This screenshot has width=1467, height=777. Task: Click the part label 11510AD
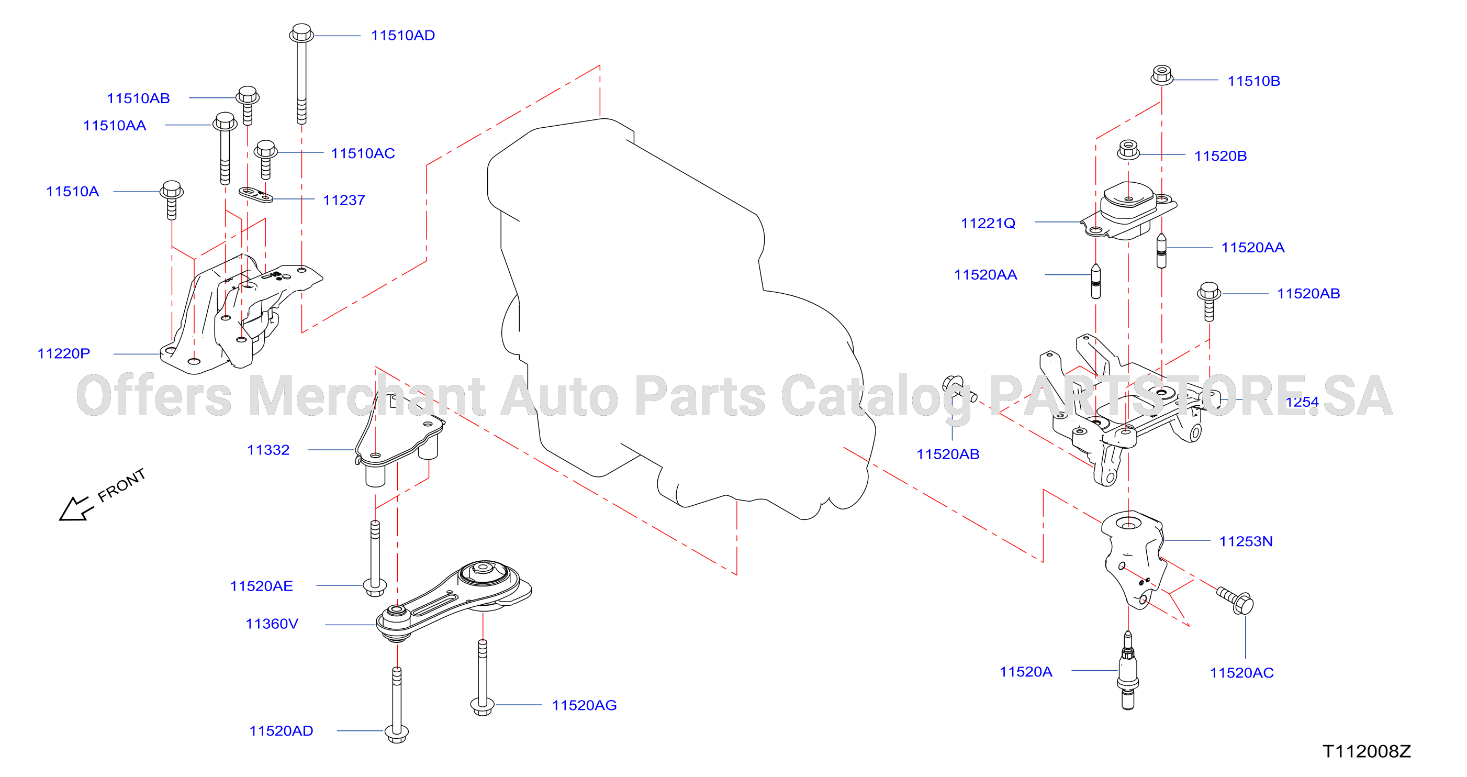[x=402, y=35]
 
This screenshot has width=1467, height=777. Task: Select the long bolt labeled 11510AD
[x=301, y=73]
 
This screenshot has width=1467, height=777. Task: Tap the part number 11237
[x=344, y=200]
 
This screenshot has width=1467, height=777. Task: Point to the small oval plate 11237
[x=256, y=195]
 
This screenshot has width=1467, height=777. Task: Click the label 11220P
[x=64, y=353]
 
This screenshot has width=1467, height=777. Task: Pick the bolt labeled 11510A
[x=172, y=200]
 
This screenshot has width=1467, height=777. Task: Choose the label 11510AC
[x=363, y=153]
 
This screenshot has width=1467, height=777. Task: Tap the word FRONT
[x=121, y=485]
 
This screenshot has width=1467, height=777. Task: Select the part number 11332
[x=268, y=450]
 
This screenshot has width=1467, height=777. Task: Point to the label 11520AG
[x=584, y=705]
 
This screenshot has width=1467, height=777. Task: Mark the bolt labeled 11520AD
[x=397, y=705]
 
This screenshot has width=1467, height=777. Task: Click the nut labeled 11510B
[x=1162, y=75]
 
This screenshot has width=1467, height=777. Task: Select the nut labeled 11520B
[x=1129, y=150]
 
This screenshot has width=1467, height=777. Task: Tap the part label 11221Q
[x=988, y=223]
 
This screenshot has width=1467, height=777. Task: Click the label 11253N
[x=1246, y=541]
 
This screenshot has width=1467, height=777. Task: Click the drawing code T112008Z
[x=1367, y=751]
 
